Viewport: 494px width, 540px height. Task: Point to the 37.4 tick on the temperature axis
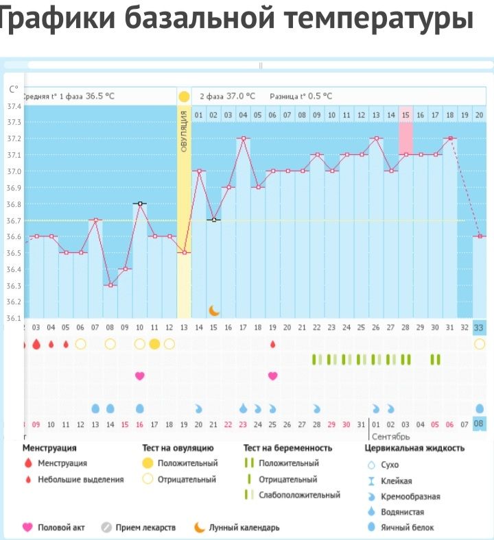click(13, 107)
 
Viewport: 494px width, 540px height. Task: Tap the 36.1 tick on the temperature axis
click(13, 318)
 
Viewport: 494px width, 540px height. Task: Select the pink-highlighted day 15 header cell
click(405, 114)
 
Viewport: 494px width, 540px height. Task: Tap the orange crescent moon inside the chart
click(214, 310)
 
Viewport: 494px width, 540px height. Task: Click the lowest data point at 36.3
click(110, 285)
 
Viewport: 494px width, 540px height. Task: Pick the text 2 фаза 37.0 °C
click(227, 97)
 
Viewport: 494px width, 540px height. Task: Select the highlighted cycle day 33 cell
click(478, 328)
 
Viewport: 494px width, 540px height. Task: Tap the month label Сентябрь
click(391, 436)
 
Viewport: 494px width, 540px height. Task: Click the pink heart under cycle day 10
click(140, 376)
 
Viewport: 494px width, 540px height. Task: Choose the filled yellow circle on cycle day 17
click(154, 344)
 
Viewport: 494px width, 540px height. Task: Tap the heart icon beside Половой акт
click(27, 528)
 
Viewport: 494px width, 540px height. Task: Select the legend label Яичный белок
click(410, 528)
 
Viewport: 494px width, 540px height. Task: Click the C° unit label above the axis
click(14, 89)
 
